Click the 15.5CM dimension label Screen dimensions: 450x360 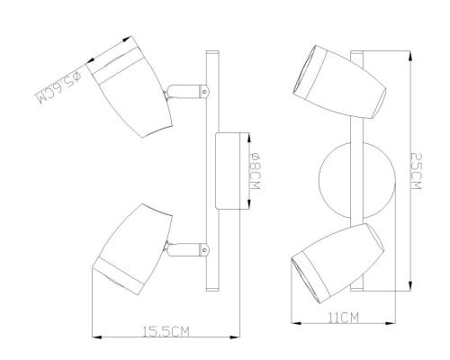coord(166,331)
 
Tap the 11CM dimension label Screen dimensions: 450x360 coord(343,318)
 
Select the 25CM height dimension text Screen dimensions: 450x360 coord(416,171)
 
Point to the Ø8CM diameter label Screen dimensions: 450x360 coord(255,171)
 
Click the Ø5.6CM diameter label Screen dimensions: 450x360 coord(58,87)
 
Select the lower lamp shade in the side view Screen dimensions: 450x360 coord(132,249)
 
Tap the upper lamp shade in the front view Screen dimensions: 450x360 coord(339,82)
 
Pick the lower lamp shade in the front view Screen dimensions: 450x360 coord(337,263)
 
